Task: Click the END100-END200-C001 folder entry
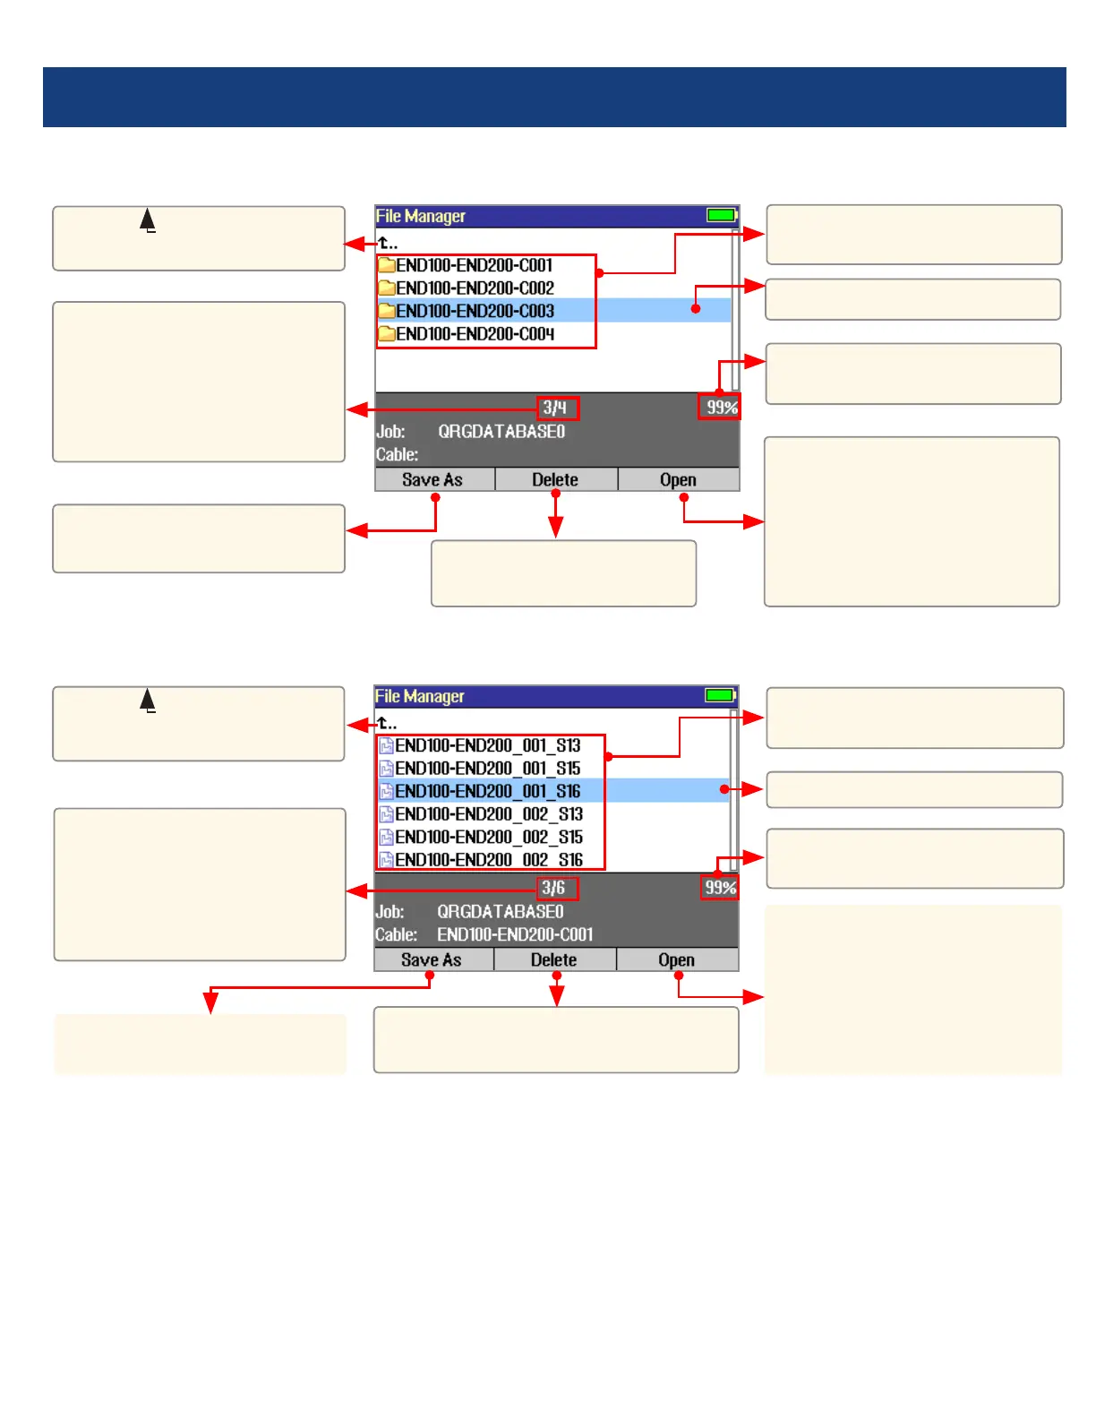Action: coord(475,265)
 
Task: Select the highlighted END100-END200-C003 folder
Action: coord(475,311)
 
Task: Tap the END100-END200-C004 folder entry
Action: coord(475,334)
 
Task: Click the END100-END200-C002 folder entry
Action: coord(475,288)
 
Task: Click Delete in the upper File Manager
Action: coord(555,480)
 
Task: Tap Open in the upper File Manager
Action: coord(678,480)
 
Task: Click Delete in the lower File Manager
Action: coord(553,960)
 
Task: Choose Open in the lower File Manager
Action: coord(676,960)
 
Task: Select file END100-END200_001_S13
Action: coord(488,745)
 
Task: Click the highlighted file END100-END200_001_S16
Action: coord(488,791)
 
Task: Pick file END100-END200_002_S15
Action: coord(489,837)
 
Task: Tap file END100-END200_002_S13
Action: coord(489,814)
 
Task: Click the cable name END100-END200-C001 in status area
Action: coord(515,934)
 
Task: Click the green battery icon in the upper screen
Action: coord(721,215)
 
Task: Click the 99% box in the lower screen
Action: coord(720,888)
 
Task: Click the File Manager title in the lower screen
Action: coord(420,696)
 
